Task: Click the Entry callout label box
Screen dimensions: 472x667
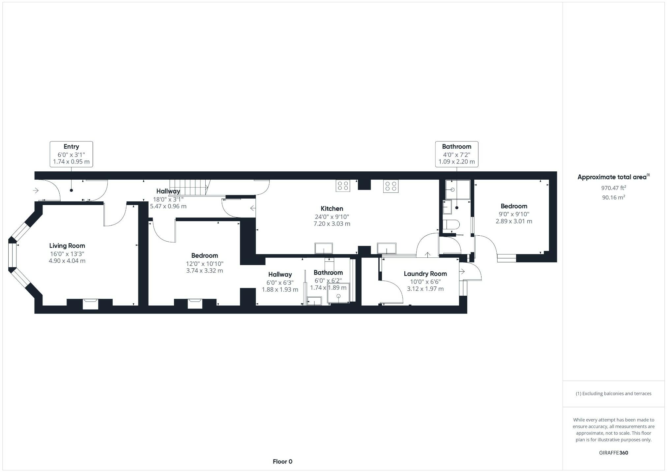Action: [x=71, y=154]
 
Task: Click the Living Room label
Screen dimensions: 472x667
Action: [x=67, y=246]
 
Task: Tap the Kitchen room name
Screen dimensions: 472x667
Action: [x=332, y=209]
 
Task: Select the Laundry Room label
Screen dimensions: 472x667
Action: [x=425, y=274]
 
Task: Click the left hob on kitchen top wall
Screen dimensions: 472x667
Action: [x=343, y=186]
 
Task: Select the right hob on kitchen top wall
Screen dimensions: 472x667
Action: [x=391, y=186]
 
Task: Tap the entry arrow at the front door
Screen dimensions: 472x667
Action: [x=36, y=191]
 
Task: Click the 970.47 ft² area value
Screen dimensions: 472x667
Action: [x=613, y=188]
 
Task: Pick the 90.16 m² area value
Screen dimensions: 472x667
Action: [x=613, y=197]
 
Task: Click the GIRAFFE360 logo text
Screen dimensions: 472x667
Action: [x=613, y=453]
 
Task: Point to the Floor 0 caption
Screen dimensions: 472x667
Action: [x=282, y=461]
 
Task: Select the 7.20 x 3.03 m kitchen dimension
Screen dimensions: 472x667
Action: [x=332, y=224]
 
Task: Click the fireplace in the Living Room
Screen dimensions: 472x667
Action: [x=90, y=304]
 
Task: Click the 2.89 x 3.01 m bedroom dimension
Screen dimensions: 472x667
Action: [x=514, y=221]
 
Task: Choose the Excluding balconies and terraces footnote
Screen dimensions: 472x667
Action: [x=613, y=394]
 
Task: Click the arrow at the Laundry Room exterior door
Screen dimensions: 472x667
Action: [x=462, y=271]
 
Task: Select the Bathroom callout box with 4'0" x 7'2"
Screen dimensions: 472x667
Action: [x=456, y=154]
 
